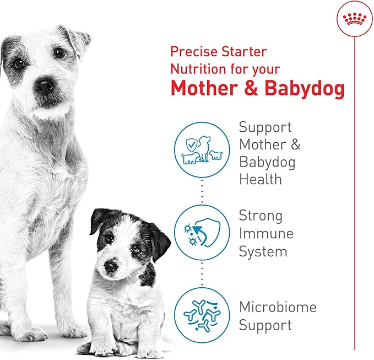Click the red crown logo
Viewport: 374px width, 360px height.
point(354,20)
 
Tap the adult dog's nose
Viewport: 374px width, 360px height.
point(45,85)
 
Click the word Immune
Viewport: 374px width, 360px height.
point(266,233)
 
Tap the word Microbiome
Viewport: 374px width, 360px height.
point(278,307)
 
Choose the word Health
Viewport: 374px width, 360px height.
point(260,179)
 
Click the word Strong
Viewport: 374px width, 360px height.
point(261,215)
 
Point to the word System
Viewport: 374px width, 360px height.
point(263,251)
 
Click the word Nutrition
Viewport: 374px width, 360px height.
point(197,69)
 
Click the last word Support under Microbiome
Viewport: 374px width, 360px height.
point(265,325)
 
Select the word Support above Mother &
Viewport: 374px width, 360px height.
point(265,127)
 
